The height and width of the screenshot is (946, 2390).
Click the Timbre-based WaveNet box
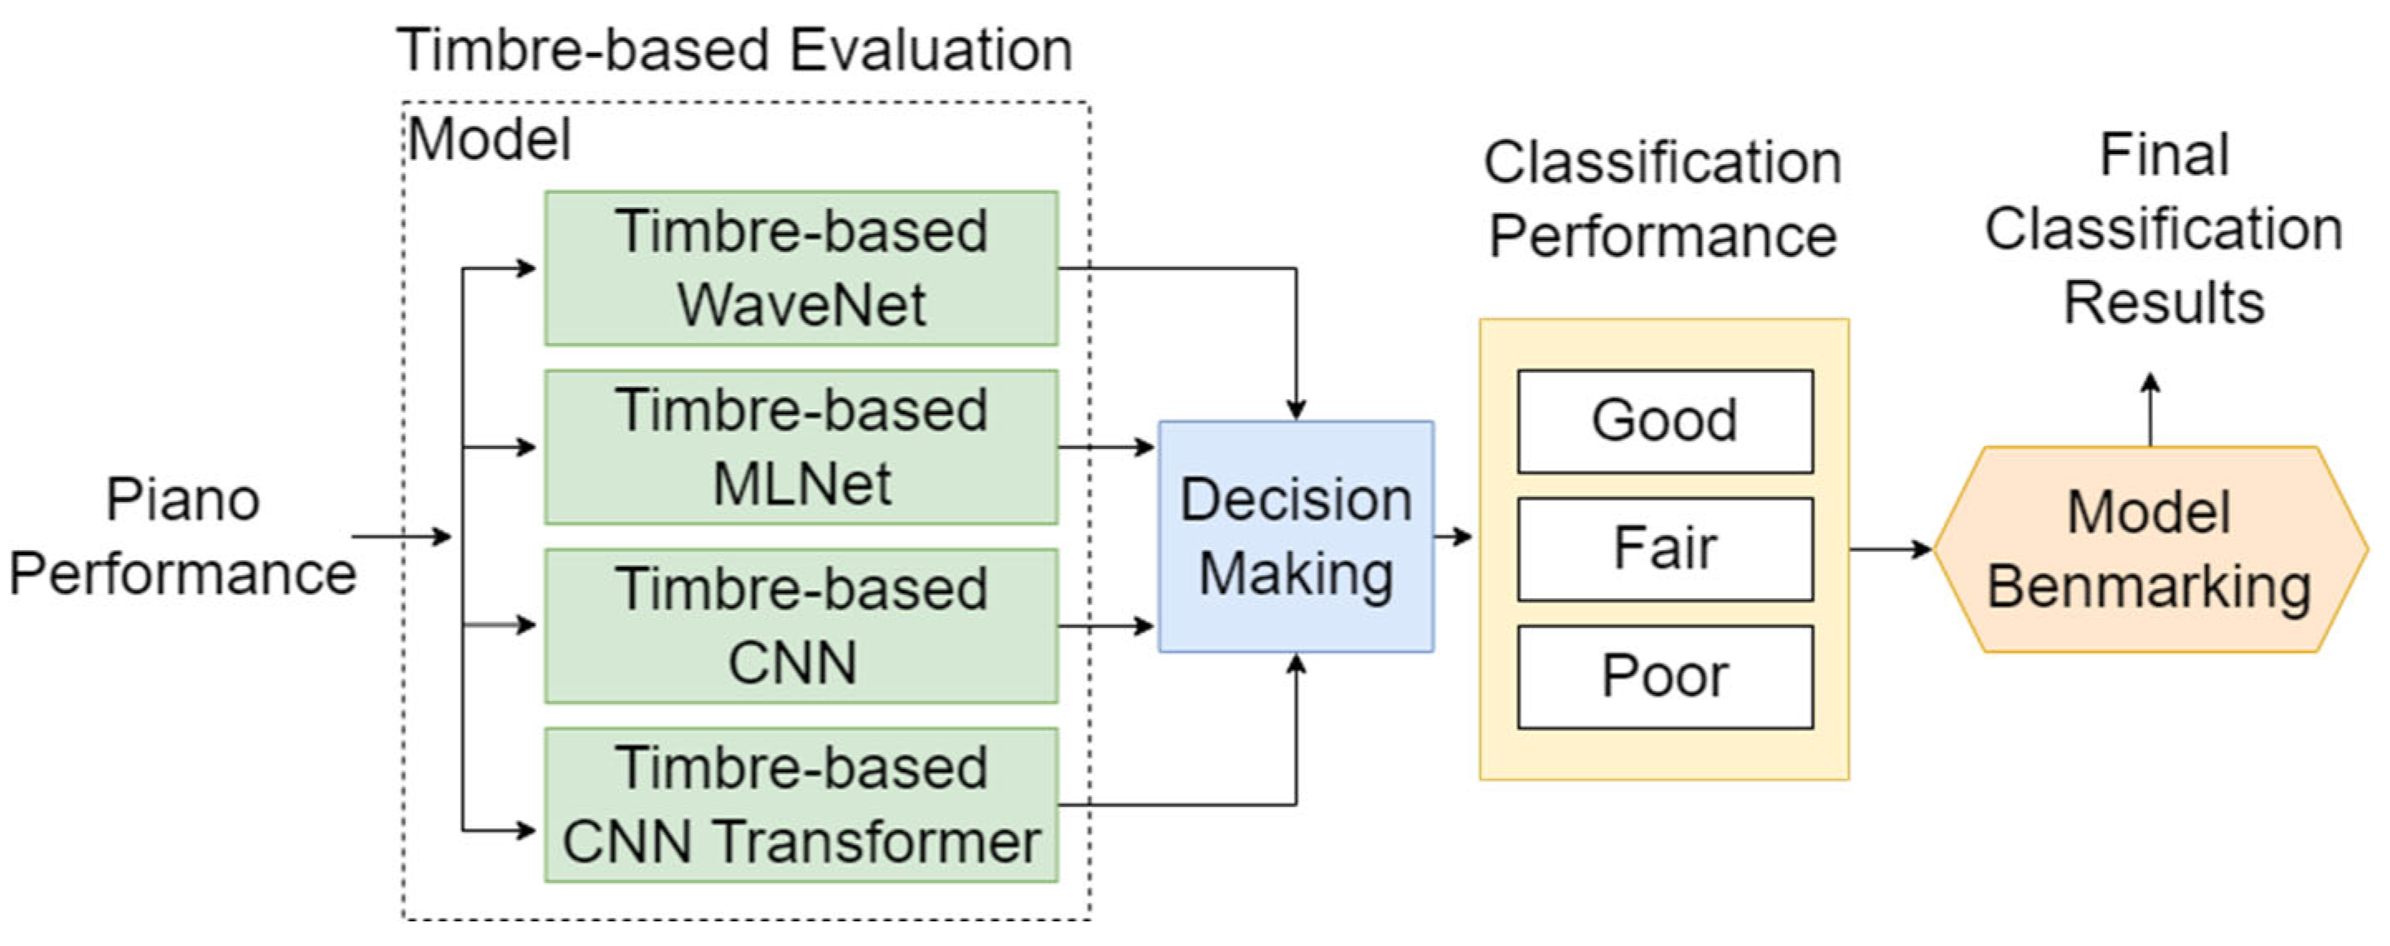(801, 268)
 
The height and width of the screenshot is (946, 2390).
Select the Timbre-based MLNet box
(801, 447)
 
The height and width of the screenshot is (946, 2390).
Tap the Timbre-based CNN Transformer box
(801, 805)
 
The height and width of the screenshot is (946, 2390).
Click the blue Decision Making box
(1295, 536)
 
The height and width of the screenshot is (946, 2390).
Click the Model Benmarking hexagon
(2149, 549)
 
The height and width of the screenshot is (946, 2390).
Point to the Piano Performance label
(183, 536)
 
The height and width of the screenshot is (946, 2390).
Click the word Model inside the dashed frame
(489, 140)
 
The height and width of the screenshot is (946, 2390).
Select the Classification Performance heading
(1662, 199)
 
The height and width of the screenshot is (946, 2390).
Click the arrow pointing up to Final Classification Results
(2151, 408)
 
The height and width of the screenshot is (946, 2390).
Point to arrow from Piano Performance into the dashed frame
(401, 536)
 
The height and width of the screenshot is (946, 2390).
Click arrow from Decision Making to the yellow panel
(1453, 536)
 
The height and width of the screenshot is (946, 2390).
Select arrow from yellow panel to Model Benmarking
(1891, 549)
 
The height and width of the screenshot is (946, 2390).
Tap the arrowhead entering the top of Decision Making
(1296, 409)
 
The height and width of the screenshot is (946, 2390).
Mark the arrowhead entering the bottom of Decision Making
(1296, 664)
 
